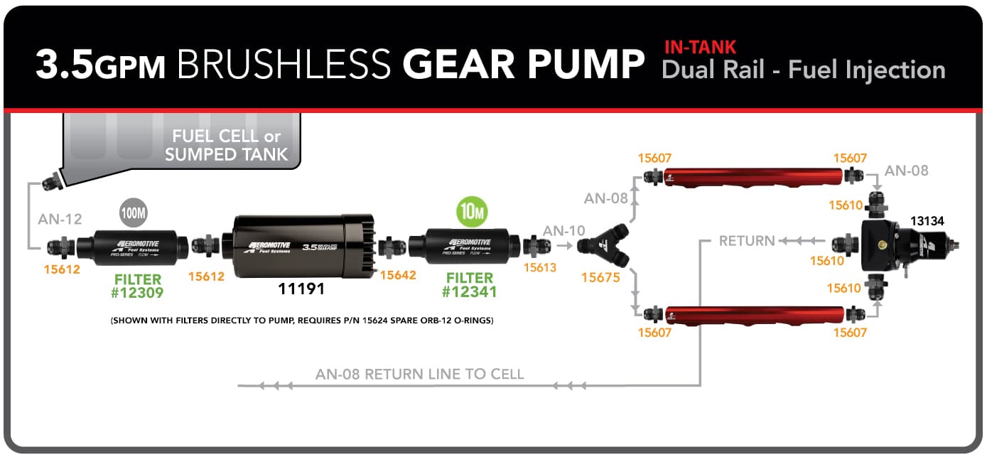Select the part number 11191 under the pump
pyautogui.click(x=301, y=289)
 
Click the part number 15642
pyautogui.click(x=398, y=275)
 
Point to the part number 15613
pyautogui.click(x=541, y=268)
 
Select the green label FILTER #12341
pyautogui.click(x=470, y=286)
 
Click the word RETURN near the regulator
pyautogui.click(x=746, y=241)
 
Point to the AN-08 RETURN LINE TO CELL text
pyautogui.click(x=419, y=374)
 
